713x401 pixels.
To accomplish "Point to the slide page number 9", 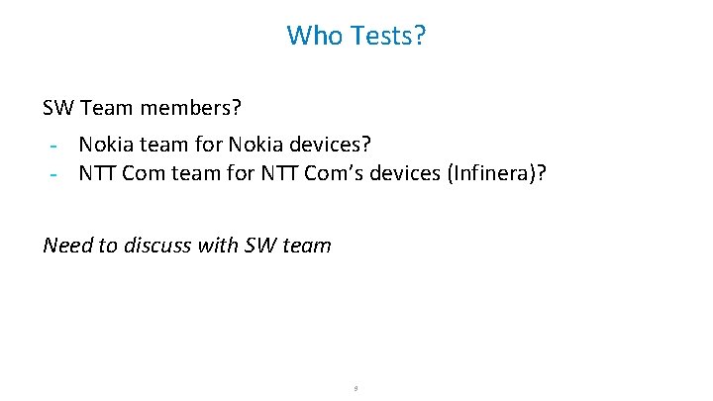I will [356, 388].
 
